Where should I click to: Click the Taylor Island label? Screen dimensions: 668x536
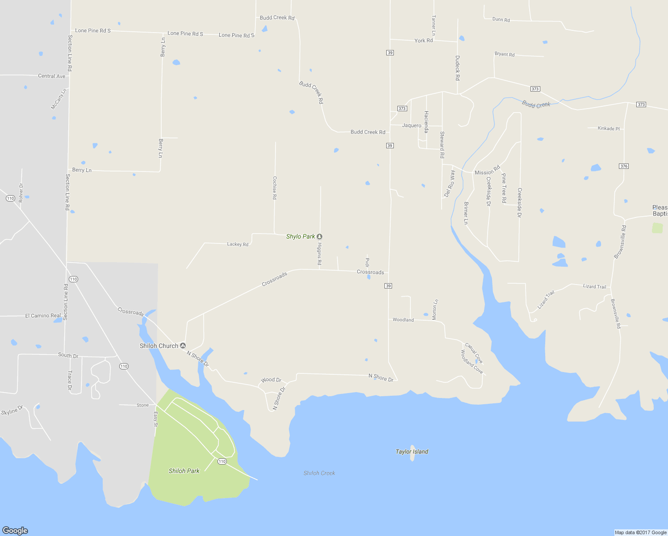click(x=412, y=452)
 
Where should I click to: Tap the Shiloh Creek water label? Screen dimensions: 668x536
click(x=319, y=473)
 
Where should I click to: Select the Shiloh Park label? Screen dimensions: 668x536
click(x=184, y=471)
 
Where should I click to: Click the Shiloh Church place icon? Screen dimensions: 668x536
click(x=183, y=346)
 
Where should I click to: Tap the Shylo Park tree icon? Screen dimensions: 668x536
click(x=319, y=236)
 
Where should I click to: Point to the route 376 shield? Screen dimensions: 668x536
click(x=624, y=166)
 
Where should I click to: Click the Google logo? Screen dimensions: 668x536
click(x=15, y=530)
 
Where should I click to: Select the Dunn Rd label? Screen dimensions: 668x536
click(x=501, y=20)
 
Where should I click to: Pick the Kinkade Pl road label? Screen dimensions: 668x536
click(x=609, y=129)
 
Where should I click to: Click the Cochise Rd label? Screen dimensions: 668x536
click(x=275, y=188)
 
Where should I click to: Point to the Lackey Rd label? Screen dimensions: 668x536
click(x=238, y=244)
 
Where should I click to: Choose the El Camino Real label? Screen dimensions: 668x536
click(x=43, y=315)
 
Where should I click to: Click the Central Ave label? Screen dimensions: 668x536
click(x=52, y=76)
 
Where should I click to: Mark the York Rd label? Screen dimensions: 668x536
click(x=423, y=41)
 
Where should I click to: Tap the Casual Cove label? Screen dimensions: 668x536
click(x=474, y=353)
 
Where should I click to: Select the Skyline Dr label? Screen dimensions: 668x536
click(x=12, y=410)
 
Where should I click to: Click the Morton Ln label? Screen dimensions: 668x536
click(x=435, y=310)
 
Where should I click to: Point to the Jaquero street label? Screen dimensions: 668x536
click(x=412, y=126)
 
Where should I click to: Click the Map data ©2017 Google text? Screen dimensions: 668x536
click(x=640, y=532)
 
